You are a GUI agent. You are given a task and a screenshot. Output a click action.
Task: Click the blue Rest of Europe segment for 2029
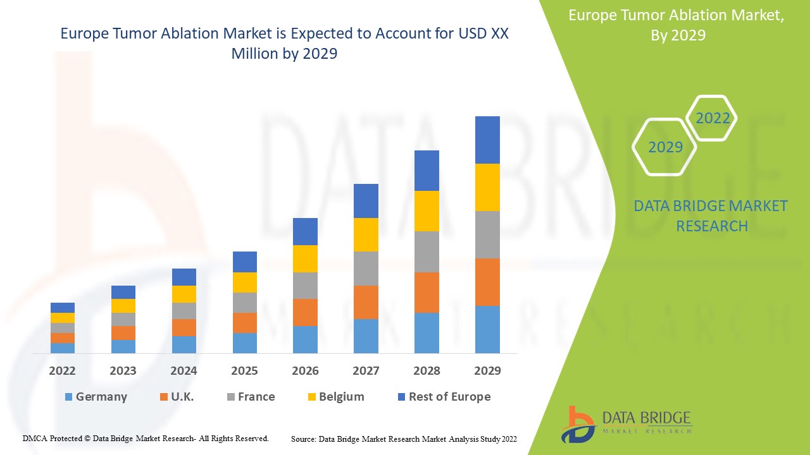pyautogui.click(x=487, y=140)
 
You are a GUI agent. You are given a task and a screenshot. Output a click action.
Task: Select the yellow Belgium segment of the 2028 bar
pyautogui.click(x=427, y=210)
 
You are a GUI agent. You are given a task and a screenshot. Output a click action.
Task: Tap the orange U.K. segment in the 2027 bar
pyautogui.click(x=366, y=302)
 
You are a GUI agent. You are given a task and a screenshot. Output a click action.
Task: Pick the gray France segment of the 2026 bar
pyautogui.click(x=305, y=285)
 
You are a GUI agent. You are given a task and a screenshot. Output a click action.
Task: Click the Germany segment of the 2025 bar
pyautogui.click(x=245, y=343)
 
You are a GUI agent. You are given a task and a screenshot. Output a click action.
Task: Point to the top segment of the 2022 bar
pyautogui.click(x=63, y=307)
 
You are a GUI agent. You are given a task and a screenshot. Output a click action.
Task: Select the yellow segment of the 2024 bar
pyautogui.click(x=184, y=294)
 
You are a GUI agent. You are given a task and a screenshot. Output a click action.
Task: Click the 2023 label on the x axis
pyautogui.click(x=123, y=371)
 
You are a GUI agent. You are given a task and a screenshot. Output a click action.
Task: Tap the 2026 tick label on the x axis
pyautogui.click(x=305, y=371)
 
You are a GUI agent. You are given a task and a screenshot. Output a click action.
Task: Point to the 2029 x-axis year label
pyautogui.click(x=487, y=371)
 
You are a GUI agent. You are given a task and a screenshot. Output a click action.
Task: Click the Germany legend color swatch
pyautogui.click(x=68, y=397)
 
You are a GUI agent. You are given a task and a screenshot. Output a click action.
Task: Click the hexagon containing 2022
pyautogui.click(x=712, y=118)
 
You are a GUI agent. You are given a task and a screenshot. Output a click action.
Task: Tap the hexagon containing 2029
pyautogui.click(x=665, y=147)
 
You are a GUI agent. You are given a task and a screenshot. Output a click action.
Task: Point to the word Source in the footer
pyautogui.click(x=303, y=439)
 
